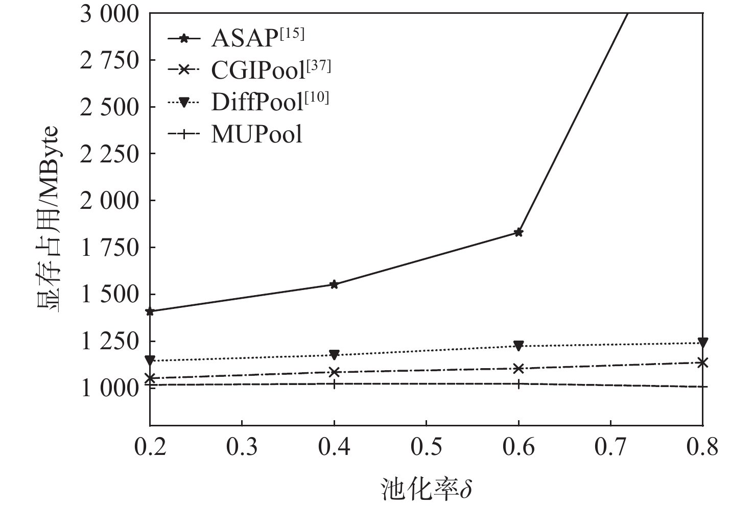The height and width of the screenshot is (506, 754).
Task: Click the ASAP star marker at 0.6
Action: (519, 232)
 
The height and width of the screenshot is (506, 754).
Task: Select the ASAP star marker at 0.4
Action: (334, 284)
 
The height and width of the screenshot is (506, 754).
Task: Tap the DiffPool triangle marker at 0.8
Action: (703, 342)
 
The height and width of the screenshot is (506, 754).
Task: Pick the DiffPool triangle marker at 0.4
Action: (334, 354)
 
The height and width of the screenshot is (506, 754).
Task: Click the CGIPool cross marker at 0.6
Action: (519, 368)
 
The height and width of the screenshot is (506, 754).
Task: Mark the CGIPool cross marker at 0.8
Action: (703, 363)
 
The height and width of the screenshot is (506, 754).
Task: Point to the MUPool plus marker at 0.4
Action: (334, 383)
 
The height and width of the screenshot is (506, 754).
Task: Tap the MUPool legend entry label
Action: (256, 134)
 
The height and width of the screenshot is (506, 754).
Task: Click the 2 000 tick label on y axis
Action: (109, 200)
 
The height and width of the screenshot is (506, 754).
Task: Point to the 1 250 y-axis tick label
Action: (109, 341)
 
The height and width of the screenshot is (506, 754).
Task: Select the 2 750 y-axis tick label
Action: (109, 60)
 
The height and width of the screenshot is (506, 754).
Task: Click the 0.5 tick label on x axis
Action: (426, 447)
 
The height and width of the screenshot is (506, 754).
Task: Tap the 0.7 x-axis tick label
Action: (610, 447)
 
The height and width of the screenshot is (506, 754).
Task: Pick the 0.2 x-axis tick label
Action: (150, 447)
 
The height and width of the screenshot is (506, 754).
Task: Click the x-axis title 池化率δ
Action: (426, 489)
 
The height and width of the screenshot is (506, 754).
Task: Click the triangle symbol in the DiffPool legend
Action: (184, 102)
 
